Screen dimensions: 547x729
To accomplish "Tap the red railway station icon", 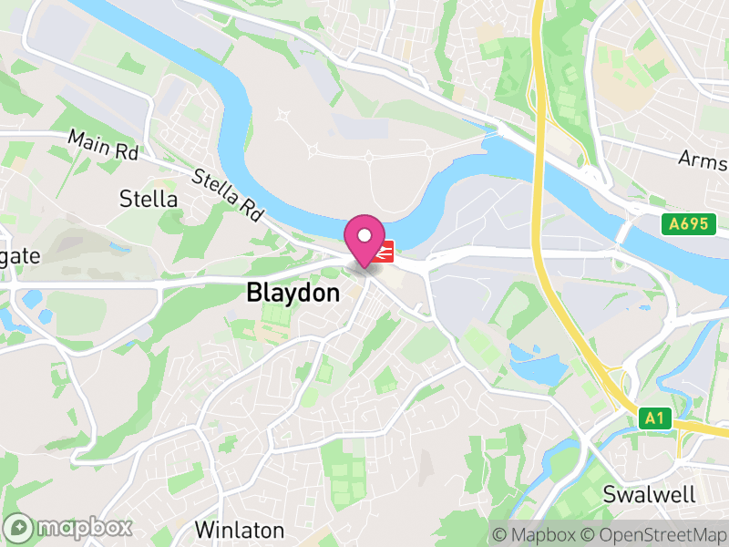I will click(x=385, y=251).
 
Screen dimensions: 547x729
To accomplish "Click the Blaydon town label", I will click(x=293, y=294).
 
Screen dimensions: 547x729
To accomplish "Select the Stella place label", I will click(x=149, y=199).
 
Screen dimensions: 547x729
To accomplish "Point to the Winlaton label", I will click(x=240, y=530).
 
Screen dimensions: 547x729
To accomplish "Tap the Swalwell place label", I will click(x=650, y=495).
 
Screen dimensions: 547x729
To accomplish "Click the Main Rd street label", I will click(x=103, y=146).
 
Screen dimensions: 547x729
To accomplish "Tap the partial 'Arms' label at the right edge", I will click(x=704, y=160).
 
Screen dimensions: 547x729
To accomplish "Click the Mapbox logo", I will click(x=69, y=528).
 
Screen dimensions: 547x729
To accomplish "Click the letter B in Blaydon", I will click(x=254, y=294).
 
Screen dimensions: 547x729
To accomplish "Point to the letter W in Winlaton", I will click(x=203, y=530).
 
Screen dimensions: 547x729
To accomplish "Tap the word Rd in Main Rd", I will click(x=125, y=152).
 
